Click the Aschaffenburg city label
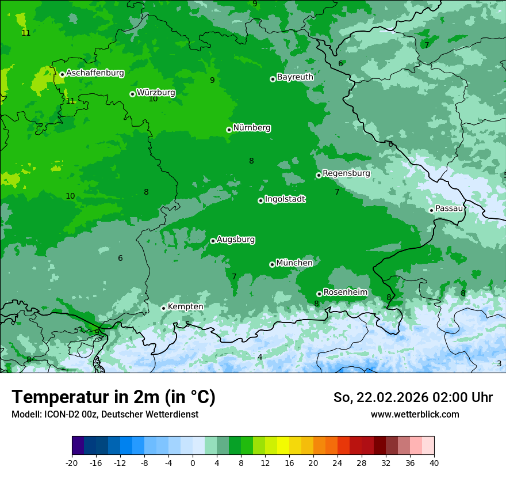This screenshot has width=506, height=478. click(95, 73)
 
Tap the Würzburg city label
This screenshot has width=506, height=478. click(156, 93)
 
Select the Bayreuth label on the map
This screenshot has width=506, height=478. click(295, 77)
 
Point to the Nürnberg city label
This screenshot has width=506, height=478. click(251, 128)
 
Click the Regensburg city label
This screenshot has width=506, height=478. click(346, 173)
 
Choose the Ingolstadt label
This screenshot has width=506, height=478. click(285, 199)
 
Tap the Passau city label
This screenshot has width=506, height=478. click(449, 208)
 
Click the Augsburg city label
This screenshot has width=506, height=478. click(236, 240)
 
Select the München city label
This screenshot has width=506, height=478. click(294, 263)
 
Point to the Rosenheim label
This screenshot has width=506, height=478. click(345, 293)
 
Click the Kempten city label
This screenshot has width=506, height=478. click(185, 307)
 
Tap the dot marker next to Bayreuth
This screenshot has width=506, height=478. click(273, 79)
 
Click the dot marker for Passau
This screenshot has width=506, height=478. click(431, 210)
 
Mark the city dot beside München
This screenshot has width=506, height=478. click(272, 265)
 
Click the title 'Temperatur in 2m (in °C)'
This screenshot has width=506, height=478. click(113, 397)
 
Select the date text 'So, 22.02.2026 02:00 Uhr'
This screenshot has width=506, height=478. click(413, 398)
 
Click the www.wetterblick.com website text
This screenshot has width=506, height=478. click(415, 415)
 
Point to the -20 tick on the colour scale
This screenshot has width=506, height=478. click(72, 462)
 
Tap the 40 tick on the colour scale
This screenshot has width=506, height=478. click(434, 462)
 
